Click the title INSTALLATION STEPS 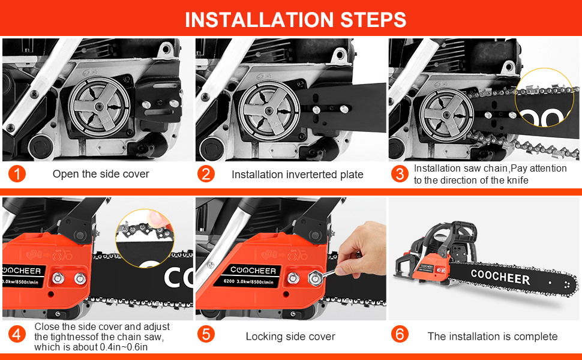pyautogui.click(x=295, y=19)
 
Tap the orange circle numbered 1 pyautogui.click(x=17, y=175)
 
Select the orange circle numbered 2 pyautogui.click(x=206, y=175)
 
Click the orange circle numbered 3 pyautogui.click(x=399, y=175)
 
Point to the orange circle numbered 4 pyautogui.click(x=17, y=334)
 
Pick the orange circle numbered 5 pyautogui.click(x=206, y=334)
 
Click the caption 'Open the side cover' pyautogui.click(x=101, y=175)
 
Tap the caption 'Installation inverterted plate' pyautogui.click(x=297, y=175)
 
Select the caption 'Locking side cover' pyautogui.click(x=290, y=337)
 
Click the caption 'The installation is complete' pyautogui.click(x=493, y=337)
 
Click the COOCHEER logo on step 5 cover pyautogui.click(x=252, y=270)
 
